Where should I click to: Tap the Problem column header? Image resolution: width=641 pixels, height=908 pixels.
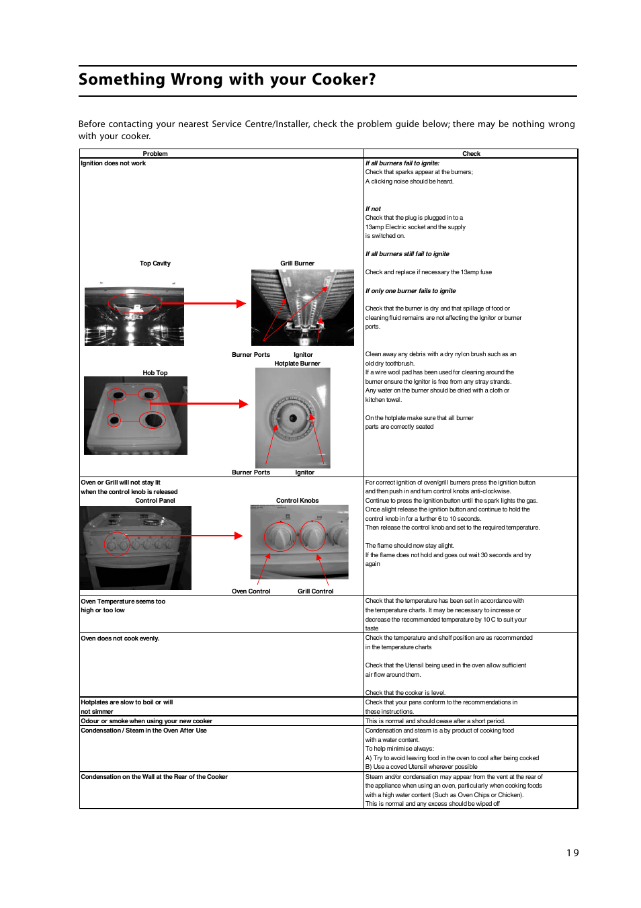(x=155, y=154)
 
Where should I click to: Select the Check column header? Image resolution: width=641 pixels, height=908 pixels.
(x=471, y=154)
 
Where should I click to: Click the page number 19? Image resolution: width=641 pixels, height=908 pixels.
(x=572, y=853)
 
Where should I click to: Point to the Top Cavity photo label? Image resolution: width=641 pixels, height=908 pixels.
(x=155, y=263)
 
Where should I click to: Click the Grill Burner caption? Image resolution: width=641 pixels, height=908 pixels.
(x=297, y=263)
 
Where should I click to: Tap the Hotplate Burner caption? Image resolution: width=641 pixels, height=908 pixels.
(x=297, y=364)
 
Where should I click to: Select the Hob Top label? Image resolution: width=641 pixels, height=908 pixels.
(x=155, y=373)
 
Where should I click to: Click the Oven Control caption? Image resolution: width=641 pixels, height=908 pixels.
(x=251, y=591)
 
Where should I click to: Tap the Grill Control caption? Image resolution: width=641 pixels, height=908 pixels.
(x=315, y=591)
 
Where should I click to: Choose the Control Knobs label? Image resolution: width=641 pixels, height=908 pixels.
(x=297, y=501)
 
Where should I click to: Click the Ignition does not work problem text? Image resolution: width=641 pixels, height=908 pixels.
(x=114, y=163)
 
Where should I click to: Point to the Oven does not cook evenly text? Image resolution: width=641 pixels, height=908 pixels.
(x=120, y=638)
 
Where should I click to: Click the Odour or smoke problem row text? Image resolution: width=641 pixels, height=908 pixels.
(x=146, y=721)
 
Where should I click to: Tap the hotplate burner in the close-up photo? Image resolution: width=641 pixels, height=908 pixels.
(x=292, y=418)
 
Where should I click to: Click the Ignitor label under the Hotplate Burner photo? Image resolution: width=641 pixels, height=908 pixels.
(x=304, y=472)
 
